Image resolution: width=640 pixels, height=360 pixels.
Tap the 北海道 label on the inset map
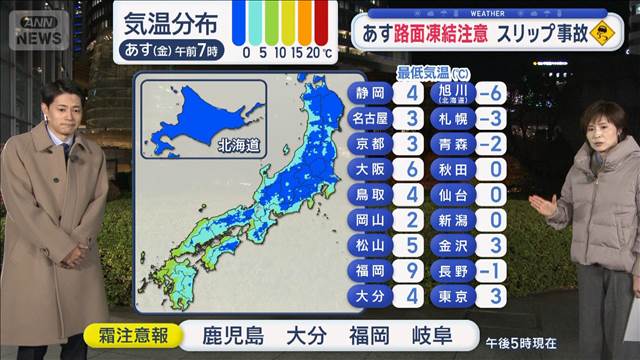(237, 145)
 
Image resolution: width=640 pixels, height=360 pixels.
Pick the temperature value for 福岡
(411, 270)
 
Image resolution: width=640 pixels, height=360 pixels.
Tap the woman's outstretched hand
(539, 206)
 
